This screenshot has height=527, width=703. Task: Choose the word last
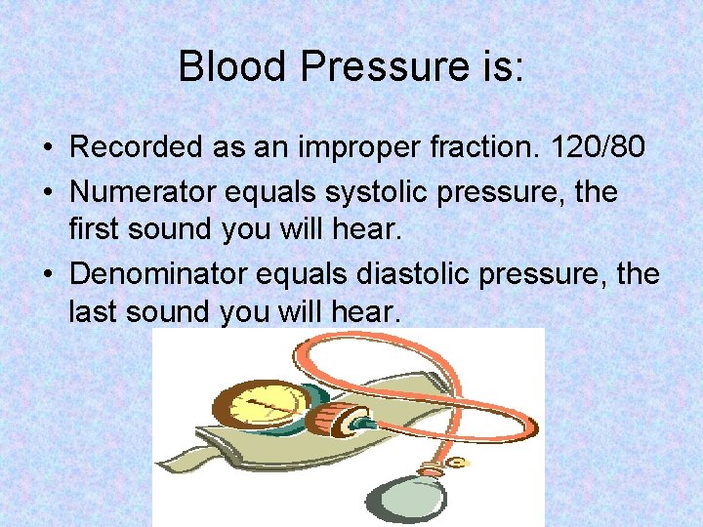pos(90,312)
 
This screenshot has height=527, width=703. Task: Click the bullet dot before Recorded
pos(48,149)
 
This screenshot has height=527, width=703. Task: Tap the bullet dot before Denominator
pos(48,275)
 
